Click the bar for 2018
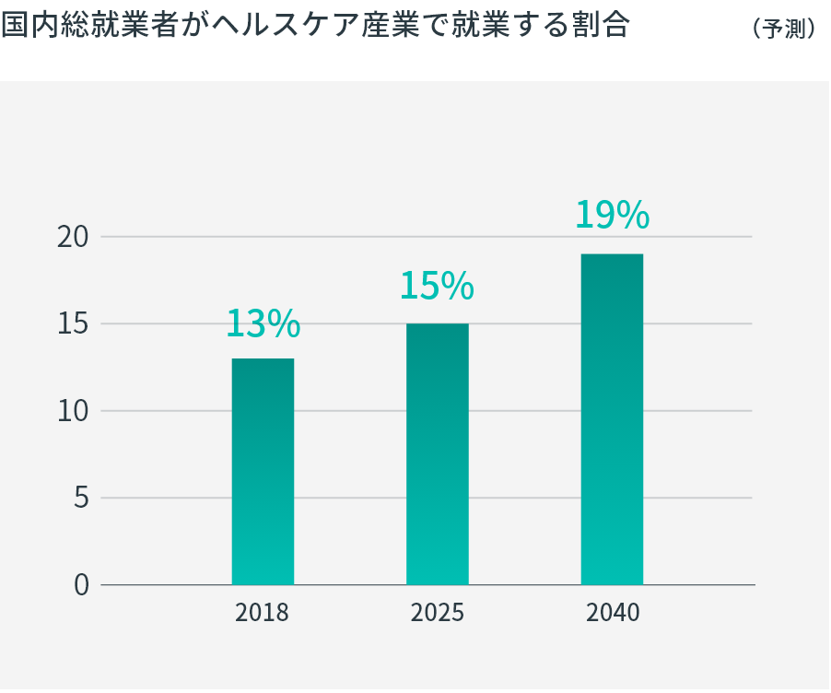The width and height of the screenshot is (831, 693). pos(263,471)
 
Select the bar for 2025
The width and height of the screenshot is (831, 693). pos(438,453)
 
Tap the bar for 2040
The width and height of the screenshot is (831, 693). pos(612,418)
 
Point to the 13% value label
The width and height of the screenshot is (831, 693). pos(263,324)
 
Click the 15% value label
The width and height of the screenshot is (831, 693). pos(437,287)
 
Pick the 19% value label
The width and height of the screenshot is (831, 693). pos(612,216)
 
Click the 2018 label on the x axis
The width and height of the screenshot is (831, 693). pos(263,613)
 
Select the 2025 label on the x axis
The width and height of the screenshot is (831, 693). pos(438,613)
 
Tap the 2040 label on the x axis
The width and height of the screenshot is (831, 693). pos(613,613)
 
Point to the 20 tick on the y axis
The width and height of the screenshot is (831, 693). pos(73,237)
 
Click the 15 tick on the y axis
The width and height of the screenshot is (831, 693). pos(73,324)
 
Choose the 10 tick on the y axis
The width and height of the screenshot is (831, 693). pos(73,411)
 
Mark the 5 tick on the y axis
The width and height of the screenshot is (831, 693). pos(81,499)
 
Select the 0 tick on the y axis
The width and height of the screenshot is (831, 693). pos(81,585)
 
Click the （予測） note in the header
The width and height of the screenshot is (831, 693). pos(784,29)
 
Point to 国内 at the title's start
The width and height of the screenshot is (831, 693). pos(27,26)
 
